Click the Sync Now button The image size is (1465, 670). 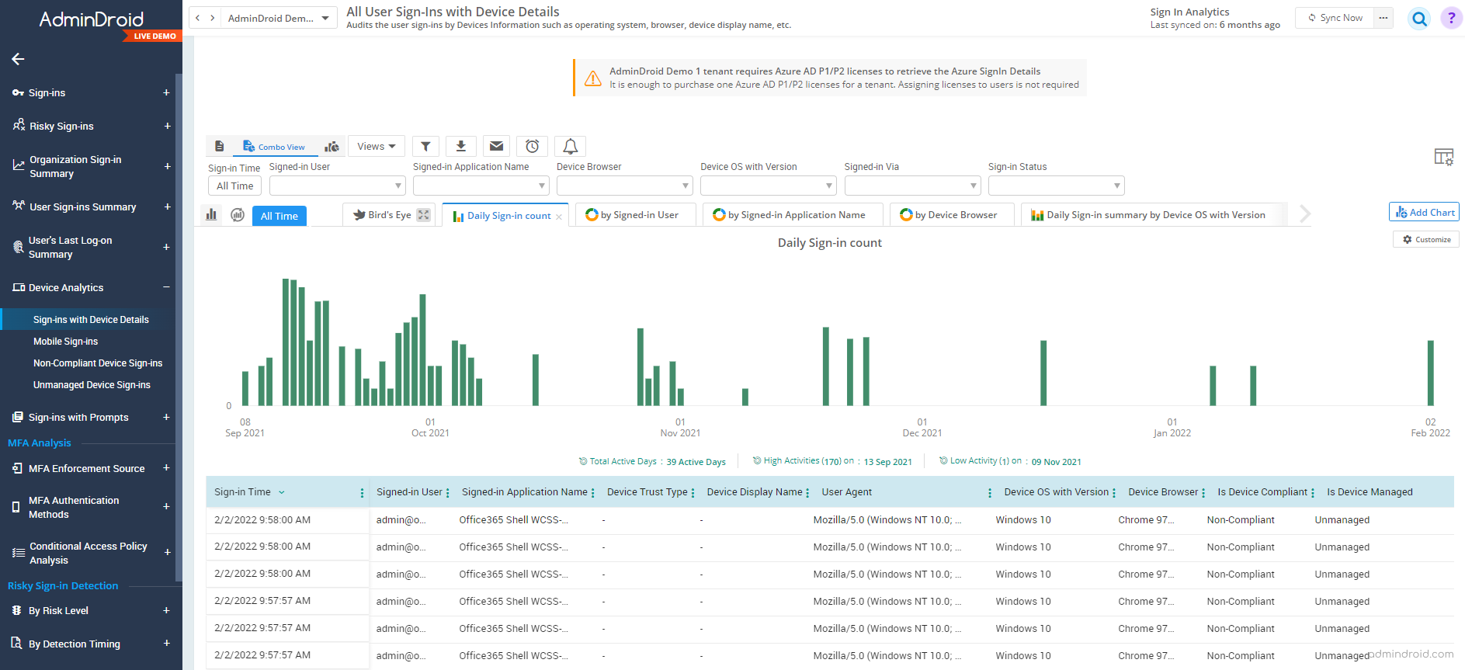click(1335, 18)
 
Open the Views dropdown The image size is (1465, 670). click(377, 146)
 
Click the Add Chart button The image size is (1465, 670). click(1425, 212)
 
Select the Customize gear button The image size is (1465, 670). click(1426, 239)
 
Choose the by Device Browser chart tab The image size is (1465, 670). click(951, 215)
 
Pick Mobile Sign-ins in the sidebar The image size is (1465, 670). click(66, 342)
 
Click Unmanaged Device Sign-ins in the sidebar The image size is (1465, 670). click(92, 385)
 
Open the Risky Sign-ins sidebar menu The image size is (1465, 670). click(62, 126)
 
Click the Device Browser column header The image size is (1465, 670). click(1163, 492)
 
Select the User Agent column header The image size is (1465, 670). click(847, 492)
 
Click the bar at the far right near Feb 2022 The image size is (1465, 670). click(1430, 373)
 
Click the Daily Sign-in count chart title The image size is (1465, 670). click(829, 243)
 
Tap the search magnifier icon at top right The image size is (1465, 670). click(1419, 19)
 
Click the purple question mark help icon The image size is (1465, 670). click(1451, 18)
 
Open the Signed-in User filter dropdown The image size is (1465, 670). click(337, 186)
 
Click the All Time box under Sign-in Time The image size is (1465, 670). click(234, 186)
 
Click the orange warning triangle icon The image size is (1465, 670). click(593, 78)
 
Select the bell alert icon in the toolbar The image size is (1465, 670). click(570, 146)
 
